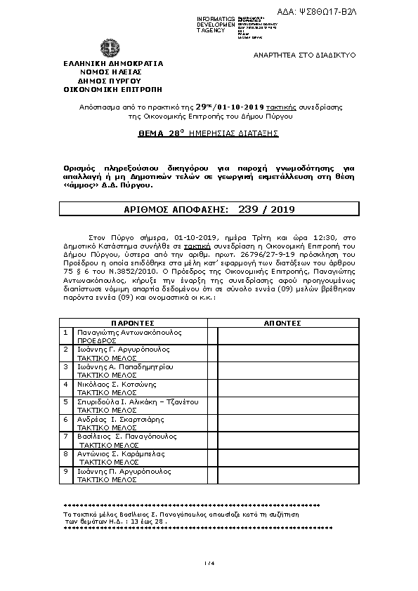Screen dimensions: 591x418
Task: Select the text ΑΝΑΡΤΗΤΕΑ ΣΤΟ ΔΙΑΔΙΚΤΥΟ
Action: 304,54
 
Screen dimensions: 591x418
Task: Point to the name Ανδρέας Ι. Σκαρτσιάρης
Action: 120,419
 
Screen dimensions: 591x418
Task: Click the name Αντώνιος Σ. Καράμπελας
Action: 121,454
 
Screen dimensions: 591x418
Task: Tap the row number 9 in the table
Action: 65,472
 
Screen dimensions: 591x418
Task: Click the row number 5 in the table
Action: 65,401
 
